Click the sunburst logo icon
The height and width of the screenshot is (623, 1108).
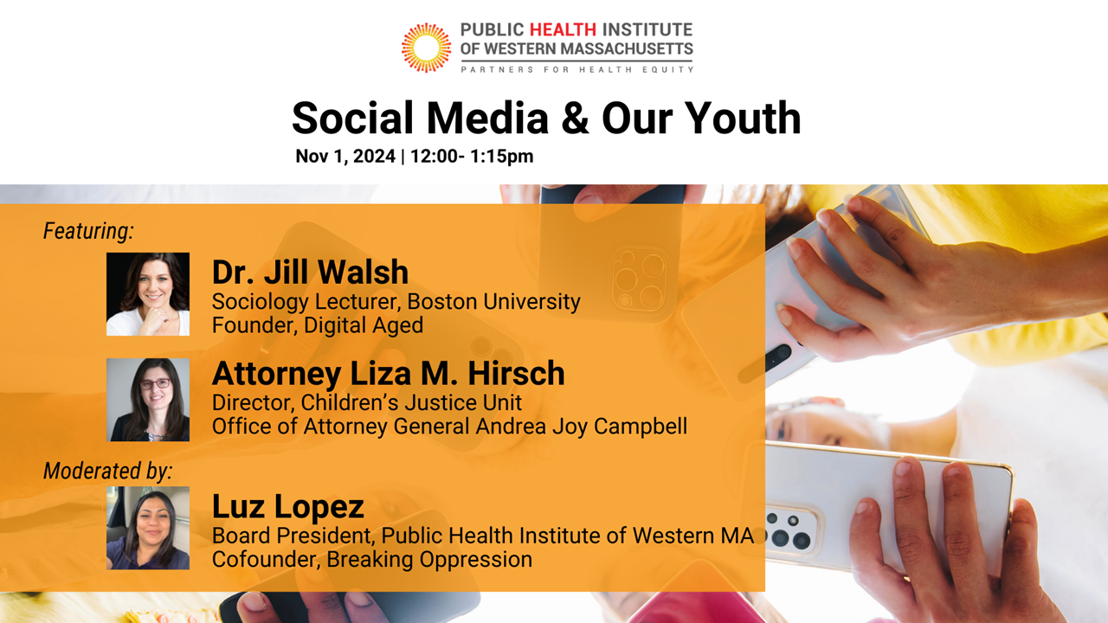pos(426,48)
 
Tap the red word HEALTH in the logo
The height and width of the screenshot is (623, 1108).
pos(563,29)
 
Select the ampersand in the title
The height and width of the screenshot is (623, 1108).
pos(575,119)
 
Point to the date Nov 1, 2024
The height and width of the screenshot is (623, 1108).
pos(345,157)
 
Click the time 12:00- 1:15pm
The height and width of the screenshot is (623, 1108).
pos(472,157)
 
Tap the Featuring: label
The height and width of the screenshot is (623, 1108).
pos(88,231)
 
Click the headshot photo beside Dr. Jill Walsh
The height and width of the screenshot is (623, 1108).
pos(148,294)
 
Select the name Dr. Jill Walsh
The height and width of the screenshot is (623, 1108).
pos(310,272)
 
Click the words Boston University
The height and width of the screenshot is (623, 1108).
pos(493,302)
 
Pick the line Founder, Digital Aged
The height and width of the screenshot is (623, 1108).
pos(318,325)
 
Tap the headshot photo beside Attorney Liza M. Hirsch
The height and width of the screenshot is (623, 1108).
pos(148,400)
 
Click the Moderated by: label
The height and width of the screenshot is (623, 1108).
pos(108,471)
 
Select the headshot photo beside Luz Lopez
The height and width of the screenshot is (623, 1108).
pos(148,528)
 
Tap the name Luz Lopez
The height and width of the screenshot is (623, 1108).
pos(288,506)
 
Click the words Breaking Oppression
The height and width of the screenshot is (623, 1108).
pos(429,560)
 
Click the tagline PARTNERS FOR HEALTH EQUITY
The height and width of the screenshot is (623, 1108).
pos(577,70)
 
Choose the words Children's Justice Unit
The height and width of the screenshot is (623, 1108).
pos(411,402)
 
